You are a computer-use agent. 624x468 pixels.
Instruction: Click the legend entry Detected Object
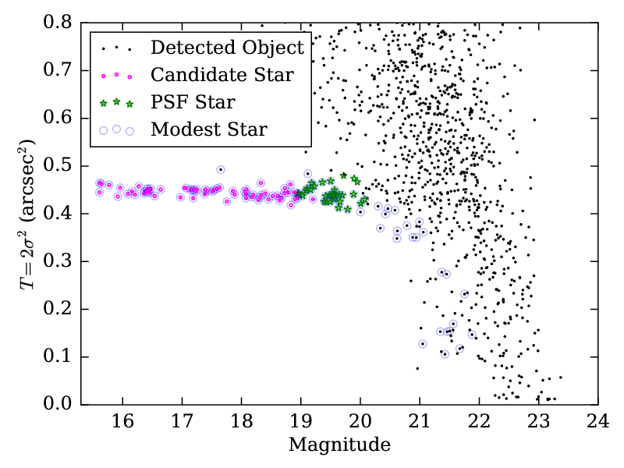227,48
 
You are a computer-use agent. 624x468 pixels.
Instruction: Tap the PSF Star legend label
193,102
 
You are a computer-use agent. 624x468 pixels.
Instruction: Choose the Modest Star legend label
209,129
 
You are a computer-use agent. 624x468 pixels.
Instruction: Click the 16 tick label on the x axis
122,422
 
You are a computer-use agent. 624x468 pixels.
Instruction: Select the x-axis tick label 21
419,422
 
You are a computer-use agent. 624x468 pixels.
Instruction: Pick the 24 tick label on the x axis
597,422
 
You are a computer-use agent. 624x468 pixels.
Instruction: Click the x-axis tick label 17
181,422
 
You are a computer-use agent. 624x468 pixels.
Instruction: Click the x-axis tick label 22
478,422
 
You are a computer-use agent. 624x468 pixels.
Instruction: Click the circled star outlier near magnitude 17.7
221,169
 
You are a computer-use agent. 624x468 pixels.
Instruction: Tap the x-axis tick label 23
538,422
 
